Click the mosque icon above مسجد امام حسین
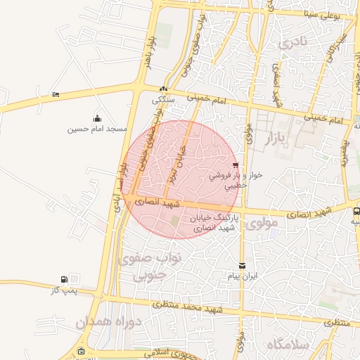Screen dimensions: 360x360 [97, 118]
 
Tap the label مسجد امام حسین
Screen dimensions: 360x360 [97, 129]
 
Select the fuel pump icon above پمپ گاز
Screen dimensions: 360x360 [65, 279]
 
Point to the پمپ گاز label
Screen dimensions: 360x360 [63, 290]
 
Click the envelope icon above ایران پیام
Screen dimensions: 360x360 [243, 265]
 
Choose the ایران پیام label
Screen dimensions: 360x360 [243, 276]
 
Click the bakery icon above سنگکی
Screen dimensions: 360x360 [164, 89]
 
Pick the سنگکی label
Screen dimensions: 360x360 [164, 100]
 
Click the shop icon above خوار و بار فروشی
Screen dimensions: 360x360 [244, 165]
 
